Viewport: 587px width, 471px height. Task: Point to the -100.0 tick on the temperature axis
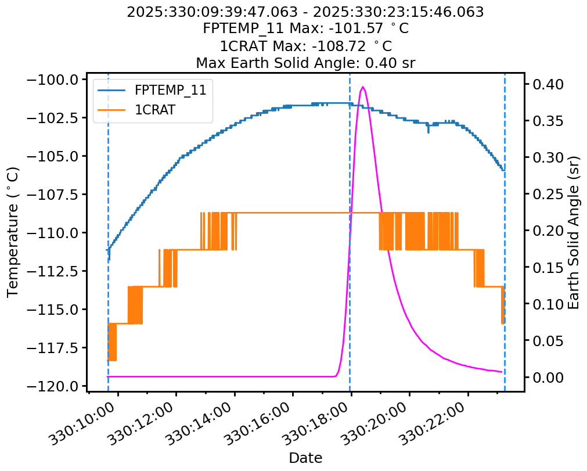57,80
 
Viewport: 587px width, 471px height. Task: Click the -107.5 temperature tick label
57,195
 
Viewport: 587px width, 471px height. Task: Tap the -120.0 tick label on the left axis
57,386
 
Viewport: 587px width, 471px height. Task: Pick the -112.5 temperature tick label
57,271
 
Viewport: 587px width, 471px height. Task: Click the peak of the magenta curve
363,87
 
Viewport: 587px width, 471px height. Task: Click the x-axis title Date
305,458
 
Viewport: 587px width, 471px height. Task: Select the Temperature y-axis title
13,232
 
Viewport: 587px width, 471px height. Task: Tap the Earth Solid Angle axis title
574,232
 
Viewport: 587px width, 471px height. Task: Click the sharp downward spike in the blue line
428,132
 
